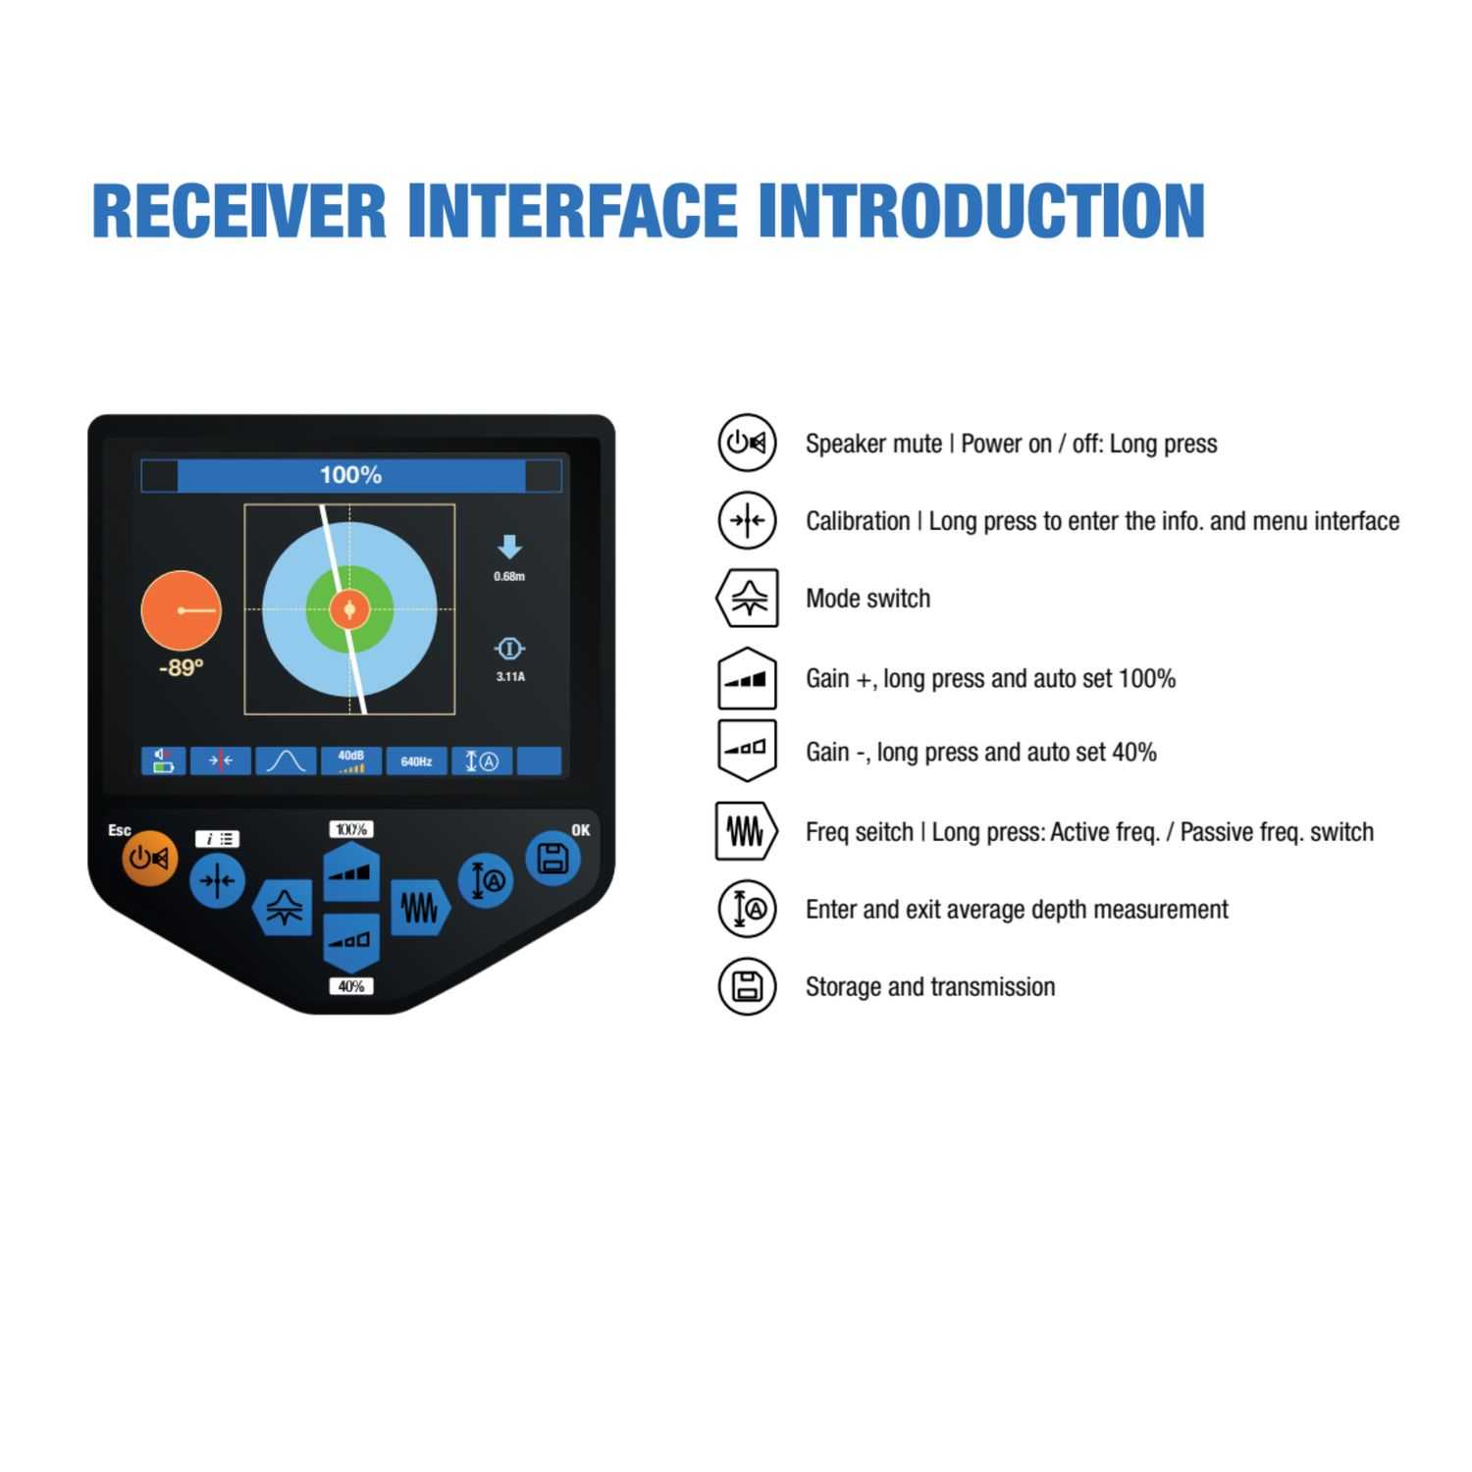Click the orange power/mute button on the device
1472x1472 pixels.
(x=149, y=859)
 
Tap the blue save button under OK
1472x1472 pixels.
(x=552, y=858)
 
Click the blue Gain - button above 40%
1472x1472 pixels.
(x=351, y=941)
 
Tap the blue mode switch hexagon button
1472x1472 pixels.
(x=284, y=907)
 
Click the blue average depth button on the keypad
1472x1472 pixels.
(x=486, y=880)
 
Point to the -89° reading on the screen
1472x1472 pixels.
(x=181, y=668)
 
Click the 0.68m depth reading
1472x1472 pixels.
(x=509, y=576)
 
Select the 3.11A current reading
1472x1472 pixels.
(x=509, y=676)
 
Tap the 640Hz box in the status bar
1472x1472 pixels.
(x=416, y=762)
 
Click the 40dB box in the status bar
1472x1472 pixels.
(x=350, y=761)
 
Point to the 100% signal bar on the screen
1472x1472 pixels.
(x=350, y=475)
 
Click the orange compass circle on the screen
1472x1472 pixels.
(x=182, y=610)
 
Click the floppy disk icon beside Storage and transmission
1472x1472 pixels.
(x=748, y=986)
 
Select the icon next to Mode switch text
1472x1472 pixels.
(x=748, y=598)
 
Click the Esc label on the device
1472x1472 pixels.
(x=120, y=830)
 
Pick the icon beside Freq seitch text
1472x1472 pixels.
(x=746, y=831)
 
